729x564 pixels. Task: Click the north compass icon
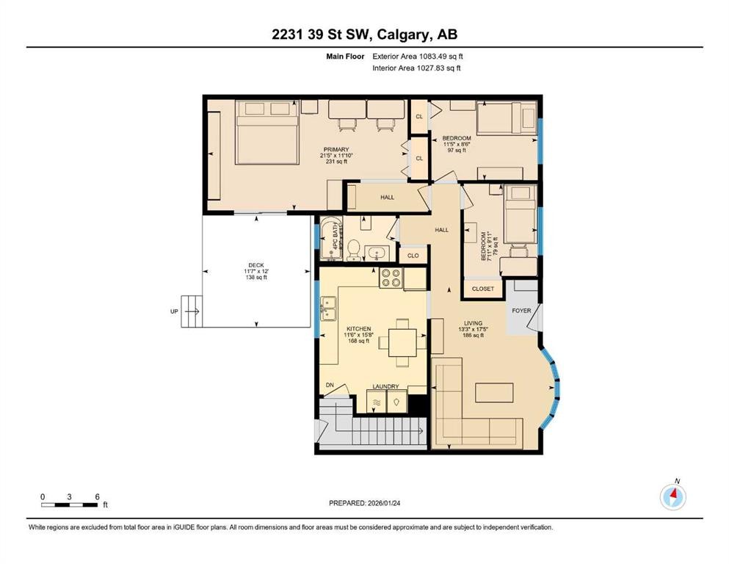pos(672,497)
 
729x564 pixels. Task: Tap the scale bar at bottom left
pos(70,505)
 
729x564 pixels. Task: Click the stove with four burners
pos(390,278)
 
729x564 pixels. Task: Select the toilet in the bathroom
pos(352,250)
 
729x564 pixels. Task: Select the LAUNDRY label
pos(385,386)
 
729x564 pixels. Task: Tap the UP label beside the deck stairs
pos(174,311)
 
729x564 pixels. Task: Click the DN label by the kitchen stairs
pos(330,384)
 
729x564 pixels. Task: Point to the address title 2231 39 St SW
pos(364,35)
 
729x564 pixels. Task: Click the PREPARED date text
pos(364,503)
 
